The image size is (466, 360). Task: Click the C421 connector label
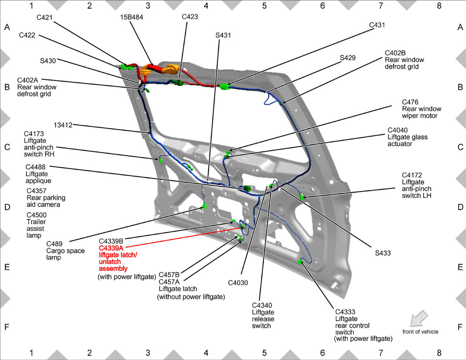click(44, 17)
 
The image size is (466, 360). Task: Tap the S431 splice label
click(223, 35)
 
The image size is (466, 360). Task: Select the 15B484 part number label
click(132, 17)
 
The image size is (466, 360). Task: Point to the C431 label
click(377, 25)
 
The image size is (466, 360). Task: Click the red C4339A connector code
click(111, 248)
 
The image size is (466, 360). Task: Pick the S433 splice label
click(383, 253)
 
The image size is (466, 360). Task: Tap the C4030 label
click(238, 283)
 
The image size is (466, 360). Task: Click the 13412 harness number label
click(63, 125)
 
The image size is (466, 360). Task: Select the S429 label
click(348, 58)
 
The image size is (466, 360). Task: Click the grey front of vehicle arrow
click(419, 318)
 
